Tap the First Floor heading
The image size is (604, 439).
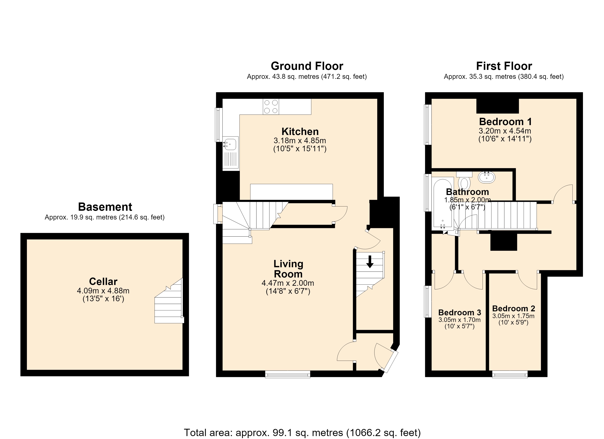click(x=504, y=66)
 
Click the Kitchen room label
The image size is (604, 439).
click(x=300, y=132)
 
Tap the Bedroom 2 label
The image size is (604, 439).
click(x=513, y=309)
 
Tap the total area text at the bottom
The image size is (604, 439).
click(x=302, y=433)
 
